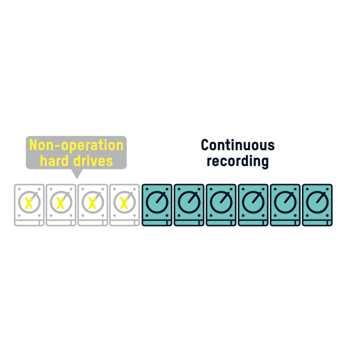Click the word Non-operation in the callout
tap(76, 145)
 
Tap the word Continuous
tap(238, 145)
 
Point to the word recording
tap(238, 161)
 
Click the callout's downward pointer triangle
tap(77, 174)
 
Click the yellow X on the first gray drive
tap(29, 203)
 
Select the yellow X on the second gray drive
tap(60, 203)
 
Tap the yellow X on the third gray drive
tap(92, 203)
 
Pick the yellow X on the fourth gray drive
tap(124, 203)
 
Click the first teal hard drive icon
tap(157, 205)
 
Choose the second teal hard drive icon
tap(189, 205)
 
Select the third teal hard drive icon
tap(221, 205)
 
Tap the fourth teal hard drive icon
tap(253, 205)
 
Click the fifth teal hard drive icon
tap(285, 205)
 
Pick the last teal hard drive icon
tap(317, 205)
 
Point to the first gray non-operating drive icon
tap(29, 205)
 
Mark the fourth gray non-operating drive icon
tap(125, 205)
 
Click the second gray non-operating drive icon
tap(61, 205)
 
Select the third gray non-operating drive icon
tap(93, 205)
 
